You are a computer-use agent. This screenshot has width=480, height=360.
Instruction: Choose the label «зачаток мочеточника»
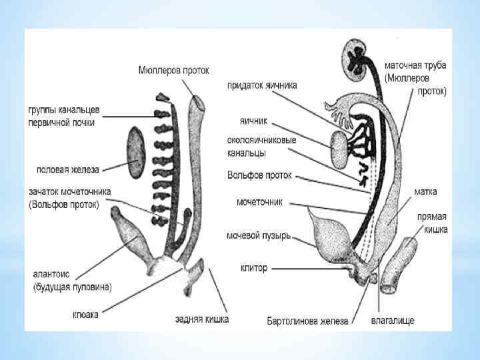click(70, 192)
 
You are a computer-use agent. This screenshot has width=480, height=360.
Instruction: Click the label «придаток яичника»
click(262, 85)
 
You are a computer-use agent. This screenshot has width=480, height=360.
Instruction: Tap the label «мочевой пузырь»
click(258, 236)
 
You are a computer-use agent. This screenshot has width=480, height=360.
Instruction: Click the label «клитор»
click(253, 268)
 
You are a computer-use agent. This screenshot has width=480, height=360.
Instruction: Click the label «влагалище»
click(393, 321)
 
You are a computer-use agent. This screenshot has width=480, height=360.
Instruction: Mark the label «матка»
click(425, 192)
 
